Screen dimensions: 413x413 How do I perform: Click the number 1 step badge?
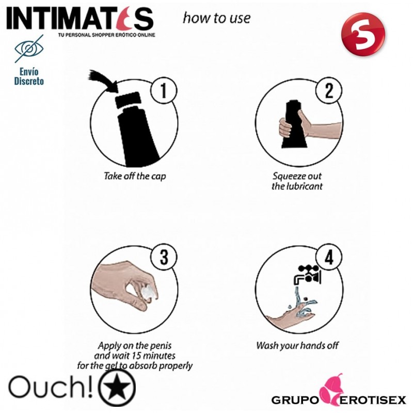pos(164,90)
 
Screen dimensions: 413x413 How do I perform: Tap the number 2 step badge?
pos(329,90)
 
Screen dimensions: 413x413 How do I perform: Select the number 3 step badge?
pos(164,257)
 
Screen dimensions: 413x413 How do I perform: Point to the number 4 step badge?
pos(329,257)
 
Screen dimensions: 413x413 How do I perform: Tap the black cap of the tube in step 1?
pos(128,100)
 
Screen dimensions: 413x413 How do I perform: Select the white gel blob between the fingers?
pos(149,292)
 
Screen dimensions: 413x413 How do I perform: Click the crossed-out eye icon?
pos(29,49)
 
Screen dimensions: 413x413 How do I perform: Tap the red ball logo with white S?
pos(363,34)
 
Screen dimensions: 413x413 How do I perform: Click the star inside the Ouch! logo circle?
pos(118,388)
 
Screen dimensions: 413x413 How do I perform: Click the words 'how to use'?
pos(216,18)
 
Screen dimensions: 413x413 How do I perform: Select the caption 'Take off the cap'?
pos(135,176)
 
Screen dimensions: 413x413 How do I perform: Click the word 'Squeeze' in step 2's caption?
pos(285,176)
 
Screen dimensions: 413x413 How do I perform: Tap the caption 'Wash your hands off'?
pos(297,345)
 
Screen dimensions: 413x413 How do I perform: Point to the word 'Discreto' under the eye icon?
pos(29,81)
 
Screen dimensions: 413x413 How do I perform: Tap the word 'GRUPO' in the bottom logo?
pos(295,400)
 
